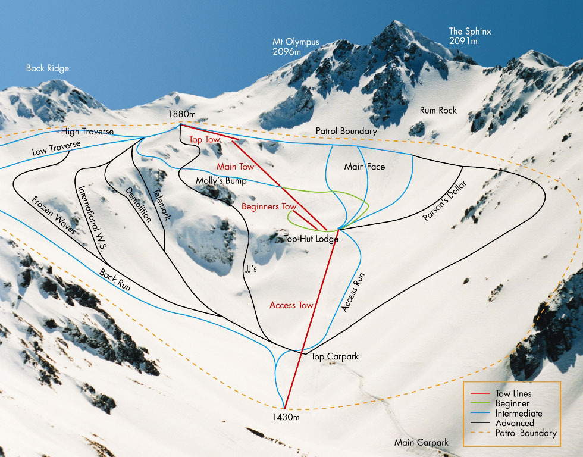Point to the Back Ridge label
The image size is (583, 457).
click(x=47, y=68)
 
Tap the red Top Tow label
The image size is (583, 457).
click(x=205, y=139)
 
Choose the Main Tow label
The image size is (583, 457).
click(x=235, y=167)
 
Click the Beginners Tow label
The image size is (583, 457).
click(x=268, y=206)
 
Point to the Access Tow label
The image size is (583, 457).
click(x=291, y=305)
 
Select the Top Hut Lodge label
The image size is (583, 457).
click(x=311, y=239)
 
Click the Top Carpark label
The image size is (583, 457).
click(x=335, y=356)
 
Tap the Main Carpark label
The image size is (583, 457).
click(x=421, y=442)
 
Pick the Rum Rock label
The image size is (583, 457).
click(x=438, y=111)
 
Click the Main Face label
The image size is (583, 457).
click(x=364, y=167)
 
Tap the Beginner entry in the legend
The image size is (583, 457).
click(x=512, y=403)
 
